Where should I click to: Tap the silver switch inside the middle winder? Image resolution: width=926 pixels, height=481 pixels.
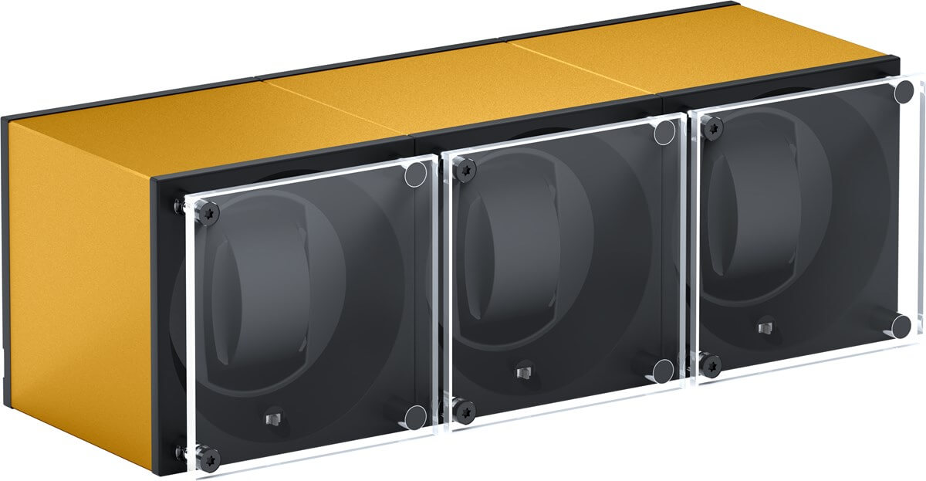click(522, 374)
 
